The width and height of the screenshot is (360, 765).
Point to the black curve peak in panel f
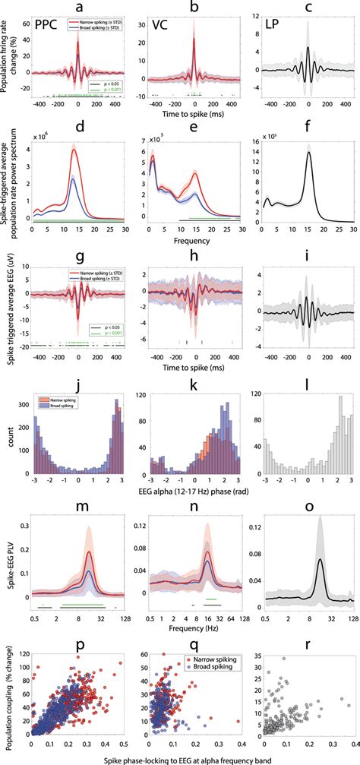(x=309, y=152)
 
